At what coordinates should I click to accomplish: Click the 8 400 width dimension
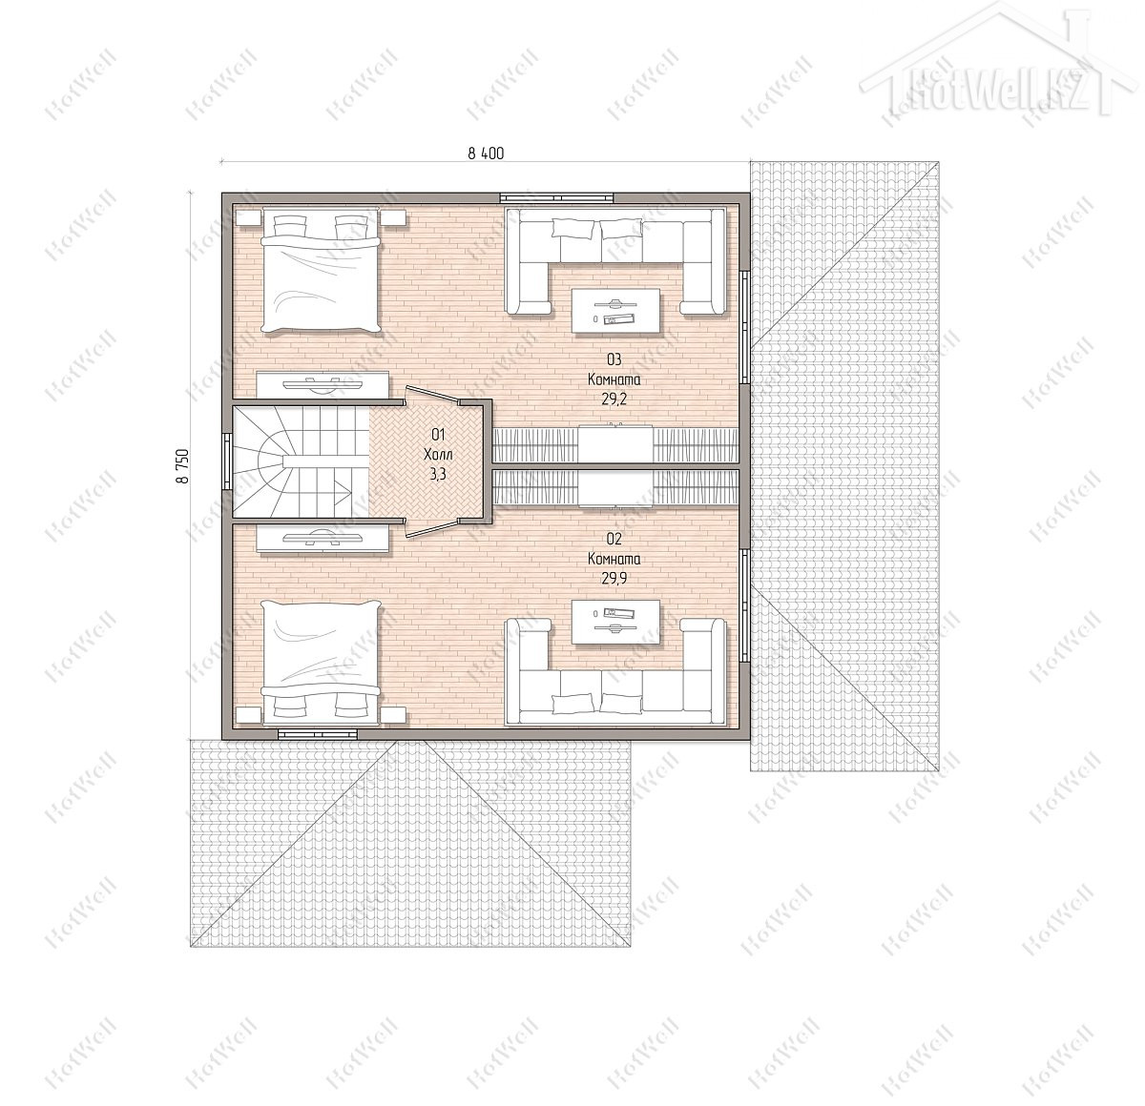pyautogui.click(x=486, y=154)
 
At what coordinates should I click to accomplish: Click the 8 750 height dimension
pyautogui.click(x=183, y=465)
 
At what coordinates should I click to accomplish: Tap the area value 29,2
pyautogui.click(x=614, y=399)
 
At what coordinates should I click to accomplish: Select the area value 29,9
pyautogui.click(x=614, y=579)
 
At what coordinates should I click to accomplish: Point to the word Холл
pyautogui.click(x=438, y=455)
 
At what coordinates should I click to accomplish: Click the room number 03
pyautogui.click(x=614, y=359)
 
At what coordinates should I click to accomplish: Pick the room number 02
pyautogui.click(x=614, y=539)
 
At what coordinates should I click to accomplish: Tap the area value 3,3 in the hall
pyautogui.click(x=438, y=475)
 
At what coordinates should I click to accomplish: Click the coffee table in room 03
pyautogui.click(x=615, y=311)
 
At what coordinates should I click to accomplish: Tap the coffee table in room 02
pyautogui.click(x=615, y=622)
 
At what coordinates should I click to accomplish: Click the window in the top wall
pyautogui.click(x=556, y=197)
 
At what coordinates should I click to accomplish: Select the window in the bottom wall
pyautogui.click(x=318, y=734)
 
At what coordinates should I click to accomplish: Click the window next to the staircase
pyautogui.click(x=227, y=461)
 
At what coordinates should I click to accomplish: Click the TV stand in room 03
pyautogui.click(x=323, y=384)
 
